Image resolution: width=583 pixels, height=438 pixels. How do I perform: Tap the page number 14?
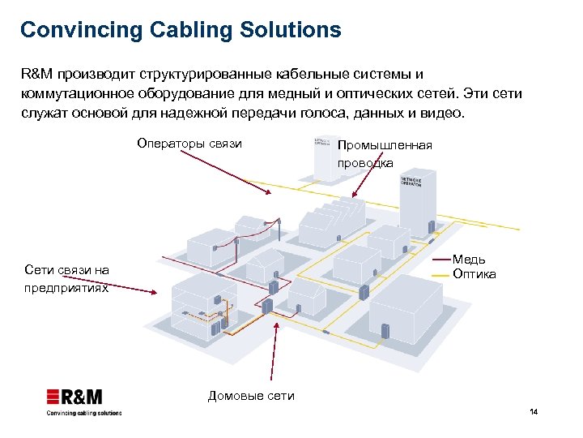coord(533,413)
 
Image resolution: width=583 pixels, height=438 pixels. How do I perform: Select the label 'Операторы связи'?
coord(189,144)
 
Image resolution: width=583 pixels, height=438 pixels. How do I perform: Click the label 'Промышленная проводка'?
coord(384,153)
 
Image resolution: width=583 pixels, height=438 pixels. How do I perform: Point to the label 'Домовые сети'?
coord(251,396)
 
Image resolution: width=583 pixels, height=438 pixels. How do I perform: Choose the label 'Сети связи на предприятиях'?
coord(66,278)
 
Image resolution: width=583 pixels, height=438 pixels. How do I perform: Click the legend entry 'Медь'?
coord(469,260)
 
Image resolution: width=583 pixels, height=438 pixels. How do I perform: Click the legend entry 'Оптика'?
coord(474,274)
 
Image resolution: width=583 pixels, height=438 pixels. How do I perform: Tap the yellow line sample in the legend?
coord(440,275)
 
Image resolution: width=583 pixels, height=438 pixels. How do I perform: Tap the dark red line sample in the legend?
coord(440,260)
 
